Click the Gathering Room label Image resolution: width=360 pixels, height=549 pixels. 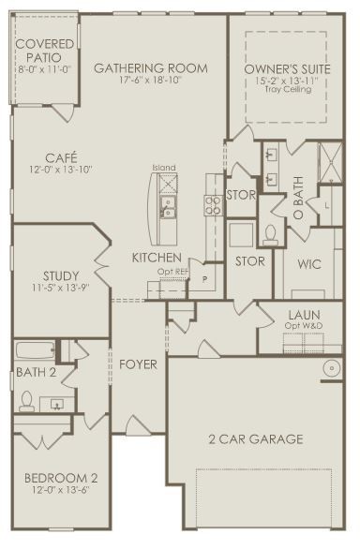[151, 68]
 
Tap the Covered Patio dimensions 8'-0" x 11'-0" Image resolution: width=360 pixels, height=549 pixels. [44, 68]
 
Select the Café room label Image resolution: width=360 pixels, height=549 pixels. [61, 158]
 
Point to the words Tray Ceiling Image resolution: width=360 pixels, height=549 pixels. [288, 89]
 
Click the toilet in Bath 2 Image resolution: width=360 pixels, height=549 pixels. [26, 401]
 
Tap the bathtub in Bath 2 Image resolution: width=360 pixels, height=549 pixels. [35, 350]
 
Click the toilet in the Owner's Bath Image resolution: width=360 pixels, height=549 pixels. [270, 235]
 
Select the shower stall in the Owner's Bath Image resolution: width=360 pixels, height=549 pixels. [331, 162]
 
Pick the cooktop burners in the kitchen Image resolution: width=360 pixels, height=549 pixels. [213, 205]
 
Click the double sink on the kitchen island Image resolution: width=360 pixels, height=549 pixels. [168, 207]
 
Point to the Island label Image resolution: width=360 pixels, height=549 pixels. [164, 168]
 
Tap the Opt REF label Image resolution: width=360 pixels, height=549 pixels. [172, 272]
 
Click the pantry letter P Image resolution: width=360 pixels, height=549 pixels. [205, 279]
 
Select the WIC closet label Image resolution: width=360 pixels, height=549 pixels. [309, 264]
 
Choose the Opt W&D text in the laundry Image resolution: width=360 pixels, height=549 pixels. [304, 326]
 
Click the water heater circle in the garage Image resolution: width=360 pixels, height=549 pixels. [331, 368]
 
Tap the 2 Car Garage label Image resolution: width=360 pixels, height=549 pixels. [256, 439]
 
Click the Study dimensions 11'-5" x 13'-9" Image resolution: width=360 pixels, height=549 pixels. [61, 288]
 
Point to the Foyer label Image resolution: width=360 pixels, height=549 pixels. [138, 364]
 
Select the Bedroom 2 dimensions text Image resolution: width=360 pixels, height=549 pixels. [61, 490]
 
